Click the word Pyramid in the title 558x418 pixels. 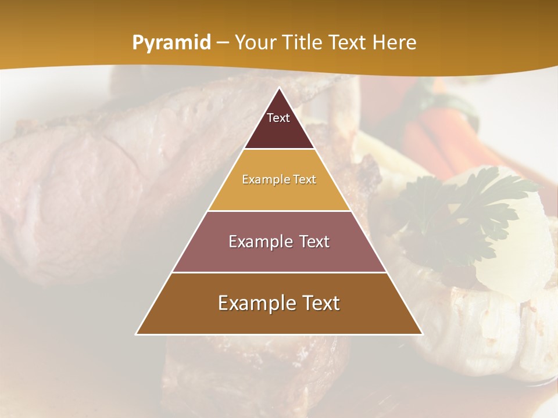pyautogui.click(x=171, y=43)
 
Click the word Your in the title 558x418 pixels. pyautogui.click(x=254, y=42)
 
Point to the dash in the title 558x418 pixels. pyautogui.click(x=223, y=43)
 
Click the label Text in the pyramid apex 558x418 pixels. pyautogui.click(x=278, y=118)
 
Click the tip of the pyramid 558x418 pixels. pyautogui.click(x=279, y=88)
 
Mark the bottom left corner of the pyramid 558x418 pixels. pyautogui.click(x=137, y=334)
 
